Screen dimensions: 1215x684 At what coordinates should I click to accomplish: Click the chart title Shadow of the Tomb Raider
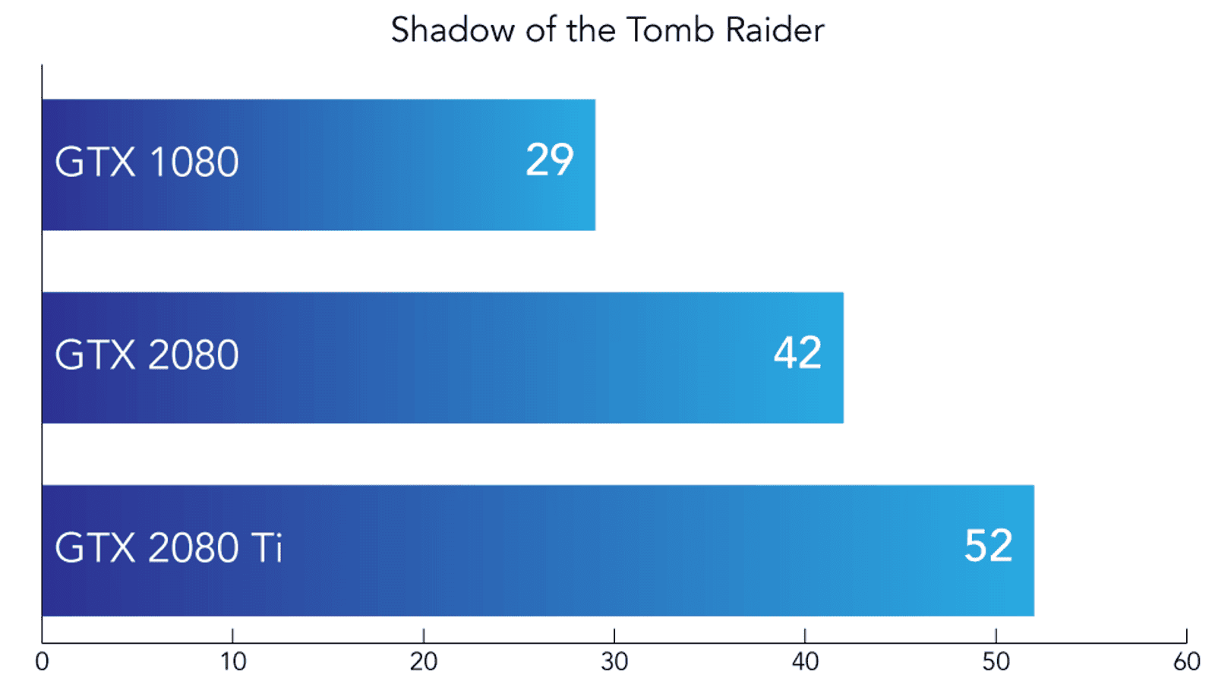pos(607,30)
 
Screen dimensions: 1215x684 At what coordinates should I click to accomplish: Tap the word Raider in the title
pos(775,30)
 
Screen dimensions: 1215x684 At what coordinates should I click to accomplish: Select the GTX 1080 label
pos(147,162)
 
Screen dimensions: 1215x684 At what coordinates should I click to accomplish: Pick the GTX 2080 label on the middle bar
pos(147,355)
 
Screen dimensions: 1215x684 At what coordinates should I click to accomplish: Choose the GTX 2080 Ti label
pos(169,547)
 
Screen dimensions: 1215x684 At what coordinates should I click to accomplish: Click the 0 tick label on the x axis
pos(42,662)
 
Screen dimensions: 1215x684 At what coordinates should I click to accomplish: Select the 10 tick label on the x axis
pos(232,662)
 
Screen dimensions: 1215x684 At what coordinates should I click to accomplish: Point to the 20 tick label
pos(424,662)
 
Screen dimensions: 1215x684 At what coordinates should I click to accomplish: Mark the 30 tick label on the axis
pos(614,662)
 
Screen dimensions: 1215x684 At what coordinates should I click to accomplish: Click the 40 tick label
pos(806,662)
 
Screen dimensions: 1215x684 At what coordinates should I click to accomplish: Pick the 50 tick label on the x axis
pos(996,662)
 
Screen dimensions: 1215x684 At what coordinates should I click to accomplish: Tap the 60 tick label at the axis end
pos(1187,662)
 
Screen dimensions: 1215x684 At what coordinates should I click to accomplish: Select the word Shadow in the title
pos(453,30)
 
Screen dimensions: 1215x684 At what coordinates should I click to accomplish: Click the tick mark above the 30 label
pos(614,635)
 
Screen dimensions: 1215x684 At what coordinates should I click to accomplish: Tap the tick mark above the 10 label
pos(232,635)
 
